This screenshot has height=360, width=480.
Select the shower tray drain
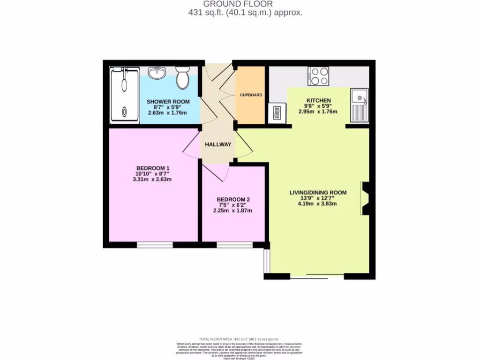pyautogui.click(x=124, y=112)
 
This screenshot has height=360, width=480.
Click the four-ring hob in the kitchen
pyautogui.click(x=318, y=76)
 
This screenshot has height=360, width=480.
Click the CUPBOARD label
pyautogui.click(x=251, y=95)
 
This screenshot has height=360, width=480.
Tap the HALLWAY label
pyautogui.click(x=218, y=144)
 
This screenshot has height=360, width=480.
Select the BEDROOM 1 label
pyautogui.click(x=153, y=168)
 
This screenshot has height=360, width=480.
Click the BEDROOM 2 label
pyautogui.click(x=232, y=200)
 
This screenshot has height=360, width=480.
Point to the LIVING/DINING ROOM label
pyautogui.click(x=318, y=192)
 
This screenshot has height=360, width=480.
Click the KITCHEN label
pyautogui.click(x=318, y=100)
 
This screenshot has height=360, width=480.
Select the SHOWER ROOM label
pyautogui.click(x=168, y=102)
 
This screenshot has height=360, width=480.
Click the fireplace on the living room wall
pyautogui.click(x=365, y=198)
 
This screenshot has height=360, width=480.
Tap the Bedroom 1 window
pyautogui.click(x=155, y=244)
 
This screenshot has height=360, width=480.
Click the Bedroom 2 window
pyautogui.click(x=234, y=244)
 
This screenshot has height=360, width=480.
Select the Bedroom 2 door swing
pyautogui.click(x=216, y=172)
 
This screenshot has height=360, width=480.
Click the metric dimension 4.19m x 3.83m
pyautogui.click(x=318, y=204)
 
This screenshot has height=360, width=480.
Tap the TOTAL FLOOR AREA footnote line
pyautogui.click(x=239, y=339)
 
